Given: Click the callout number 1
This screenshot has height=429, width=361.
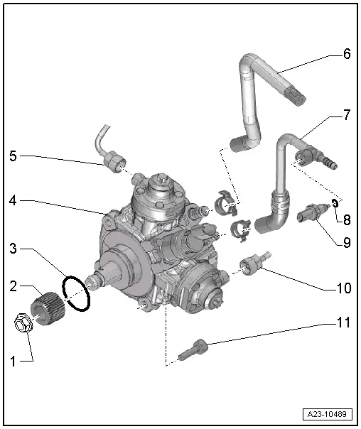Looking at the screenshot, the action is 13,362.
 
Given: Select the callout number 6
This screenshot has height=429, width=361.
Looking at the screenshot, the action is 347,54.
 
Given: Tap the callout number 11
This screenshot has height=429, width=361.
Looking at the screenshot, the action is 343,322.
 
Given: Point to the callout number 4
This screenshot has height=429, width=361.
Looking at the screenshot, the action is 13,200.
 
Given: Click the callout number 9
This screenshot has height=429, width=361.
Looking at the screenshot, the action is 347,243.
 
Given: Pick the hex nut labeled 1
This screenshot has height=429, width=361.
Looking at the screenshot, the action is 23,323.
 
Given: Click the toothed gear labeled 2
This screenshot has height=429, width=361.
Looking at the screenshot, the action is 47,308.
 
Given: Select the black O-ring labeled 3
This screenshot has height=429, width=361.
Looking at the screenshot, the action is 76,293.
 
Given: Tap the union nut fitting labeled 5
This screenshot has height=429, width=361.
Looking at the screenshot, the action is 114,163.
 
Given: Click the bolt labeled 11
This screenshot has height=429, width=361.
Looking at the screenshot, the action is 193,349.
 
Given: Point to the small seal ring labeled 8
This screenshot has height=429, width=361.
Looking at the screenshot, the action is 335,203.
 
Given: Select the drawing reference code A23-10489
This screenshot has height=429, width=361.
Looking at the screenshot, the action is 328,414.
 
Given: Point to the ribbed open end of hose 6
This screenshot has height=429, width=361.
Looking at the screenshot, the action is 296,95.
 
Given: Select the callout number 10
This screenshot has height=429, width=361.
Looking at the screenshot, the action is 343,288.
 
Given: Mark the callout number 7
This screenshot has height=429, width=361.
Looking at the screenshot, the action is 347,115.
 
